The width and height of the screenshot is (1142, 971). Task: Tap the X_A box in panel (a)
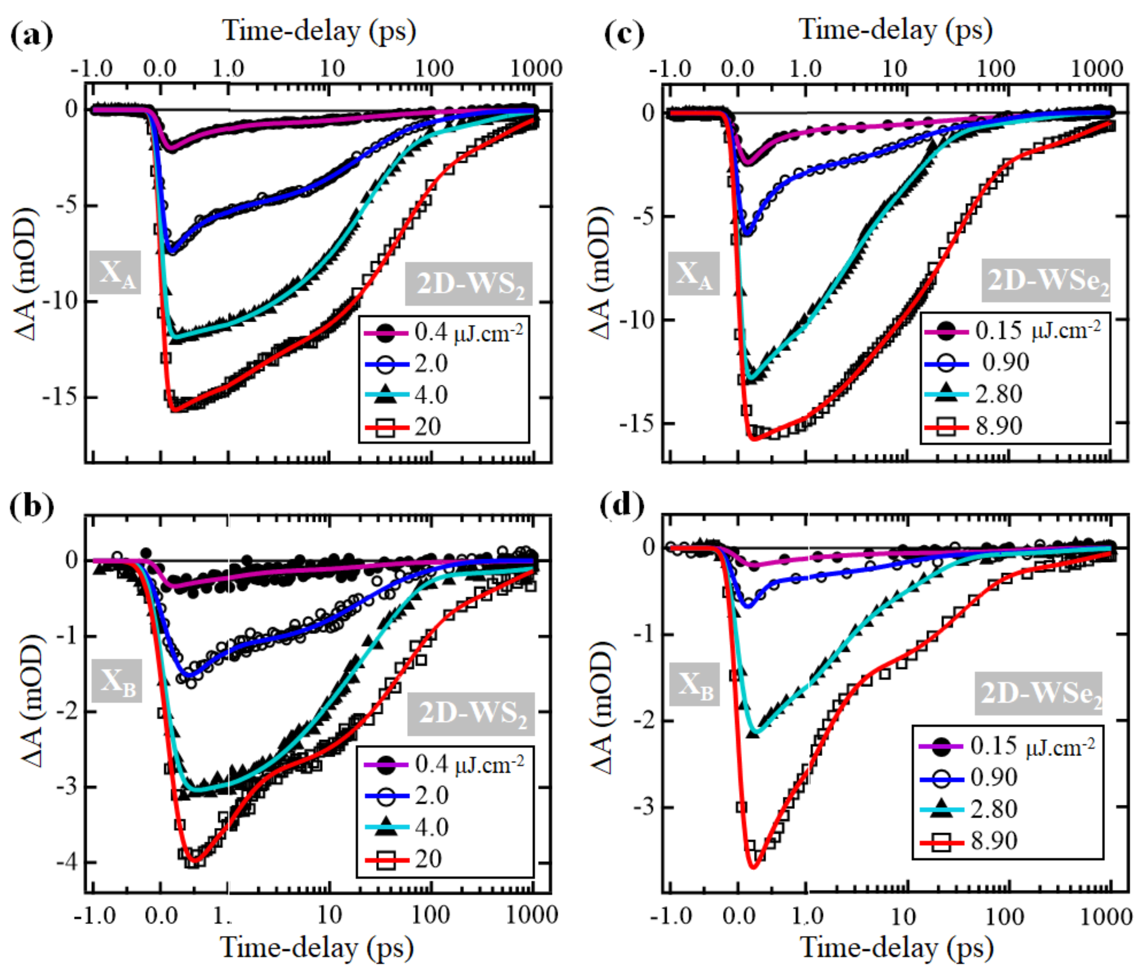[x=115, y=272]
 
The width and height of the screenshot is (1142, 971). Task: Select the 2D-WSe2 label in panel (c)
[x=1045, y=281]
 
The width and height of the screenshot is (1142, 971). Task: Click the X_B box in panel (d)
[x=694, y=685]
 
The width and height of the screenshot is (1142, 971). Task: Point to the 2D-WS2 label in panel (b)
[x=471, y=714]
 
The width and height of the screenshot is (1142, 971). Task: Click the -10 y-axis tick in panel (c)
[x=637, y=320]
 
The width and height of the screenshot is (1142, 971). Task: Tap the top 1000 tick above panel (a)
[x=536, y=69]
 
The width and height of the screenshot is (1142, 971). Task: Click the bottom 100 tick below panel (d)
[x=1004, y=916]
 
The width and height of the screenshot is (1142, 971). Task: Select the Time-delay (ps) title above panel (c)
[x=896, y=29]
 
